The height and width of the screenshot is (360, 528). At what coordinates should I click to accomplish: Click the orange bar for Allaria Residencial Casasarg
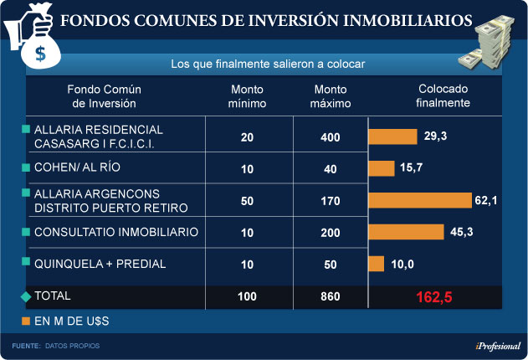393,136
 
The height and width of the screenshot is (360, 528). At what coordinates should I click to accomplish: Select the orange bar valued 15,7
382,168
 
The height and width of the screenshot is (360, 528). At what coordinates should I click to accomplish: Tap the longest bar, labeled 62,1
420,200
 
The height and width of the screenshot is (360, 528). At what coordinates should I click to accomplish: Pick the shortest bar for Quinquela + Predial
377,264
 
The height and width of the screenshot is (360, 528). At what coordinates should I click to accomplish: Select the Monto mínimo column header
247,97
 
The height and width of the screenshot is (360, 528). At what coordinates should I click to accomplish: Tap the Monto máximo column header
331,97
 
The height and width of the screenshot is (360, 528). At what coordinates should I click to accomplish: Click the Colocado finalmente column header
443,97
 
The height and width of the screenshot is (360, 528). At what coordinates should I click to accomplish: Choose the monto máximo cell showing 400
331,137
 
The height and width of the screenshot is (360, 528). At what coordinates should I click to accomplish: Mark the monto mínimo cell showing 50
247,201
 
